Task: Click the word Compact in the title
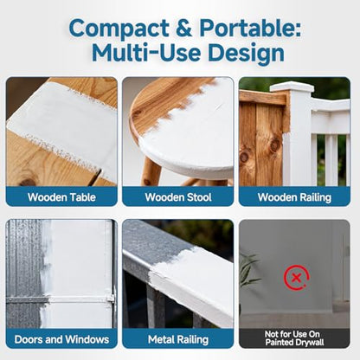click(x=119, y=29)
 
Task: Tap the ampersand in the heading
click(x=183, y=29)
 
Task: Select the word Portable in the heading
click(x=250, y=28)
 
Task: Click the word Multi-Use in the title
click(x=146, y=53)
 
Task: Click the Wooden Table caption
click(x=61, y=197)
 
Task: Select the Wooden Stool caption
click(x=178, y=197)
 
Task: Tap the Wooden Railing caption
click(x=294, y=197)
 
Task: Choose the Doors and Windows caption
click(x=61, y=339)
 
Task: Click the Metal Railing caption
click(x=178, y=340)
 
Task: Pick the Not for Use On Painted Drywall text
click(x=294, y=338)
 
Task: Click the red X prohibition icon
click(x=297, y=278)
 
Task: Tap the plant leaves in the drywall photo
click(x=248, y=271)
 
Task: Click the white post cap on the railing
click(x=292, y=87)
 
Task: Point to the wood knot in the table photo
click(x=29, y=182)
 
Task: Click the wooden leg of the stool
click(x=151, y=172)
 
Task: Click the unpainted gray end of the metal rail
click(x=156, y=242)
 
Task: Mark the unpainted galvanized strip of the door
click(x=23, y=273)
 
